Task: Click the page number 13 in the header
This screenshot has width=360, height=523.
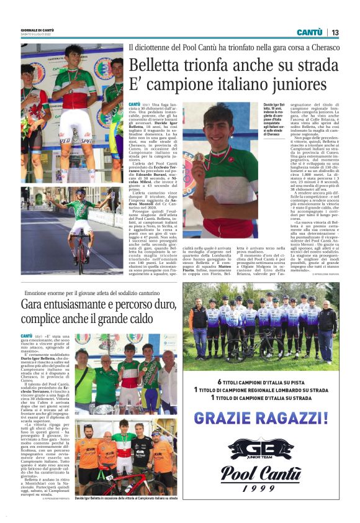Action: (x=335, y=32)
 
